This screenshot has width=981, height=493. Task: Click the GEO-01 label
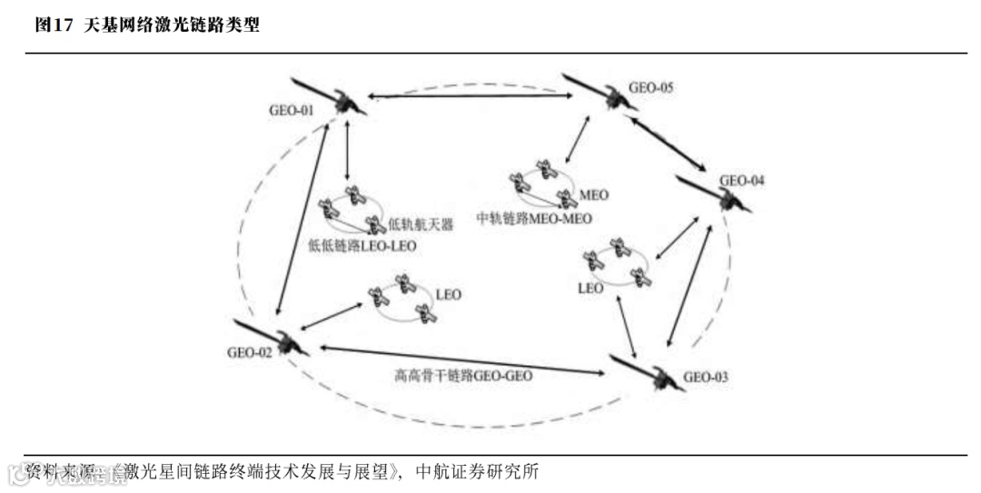(x=291, y=111)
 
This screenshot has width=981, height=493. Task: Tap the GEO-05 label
(x=651, y=89)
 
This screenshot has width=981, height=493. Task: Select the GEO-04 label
(x=742, y=181)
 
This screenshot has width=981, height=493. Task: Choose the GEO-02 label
(x=250, y=353)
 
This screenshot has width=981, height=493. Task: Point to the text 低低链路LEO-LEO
(x=362, y=245)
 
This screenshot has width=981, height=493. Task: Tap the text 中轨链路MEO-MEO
(x=534, y=219)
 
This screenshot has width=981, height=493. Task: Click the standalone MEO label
(x=594, y=194)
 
